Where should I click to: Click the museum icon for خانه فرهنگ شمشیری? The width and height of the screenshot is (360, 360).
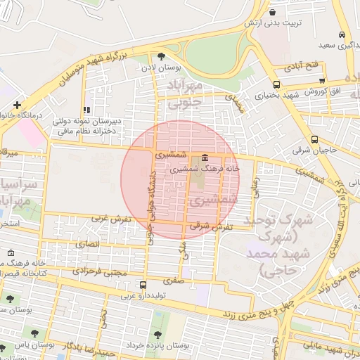click(205, 157)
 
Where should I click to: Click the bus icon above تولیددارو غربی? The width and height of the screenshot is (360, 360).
click(143, 285)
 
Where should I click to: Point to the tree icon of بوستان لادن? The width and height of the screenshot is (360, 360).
click(161, 56)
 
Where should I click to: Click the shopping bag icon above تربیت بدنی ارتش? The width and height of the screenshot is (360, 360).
click(273, 13)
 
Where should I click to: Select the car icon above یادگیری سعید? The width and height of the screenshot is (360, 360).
click(342, 34)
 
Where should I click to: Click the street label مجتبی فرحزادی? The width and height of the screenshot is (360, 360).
click(102, 271)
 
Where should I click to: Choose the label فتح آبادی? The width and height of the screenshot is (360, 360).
click(302, 66)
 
